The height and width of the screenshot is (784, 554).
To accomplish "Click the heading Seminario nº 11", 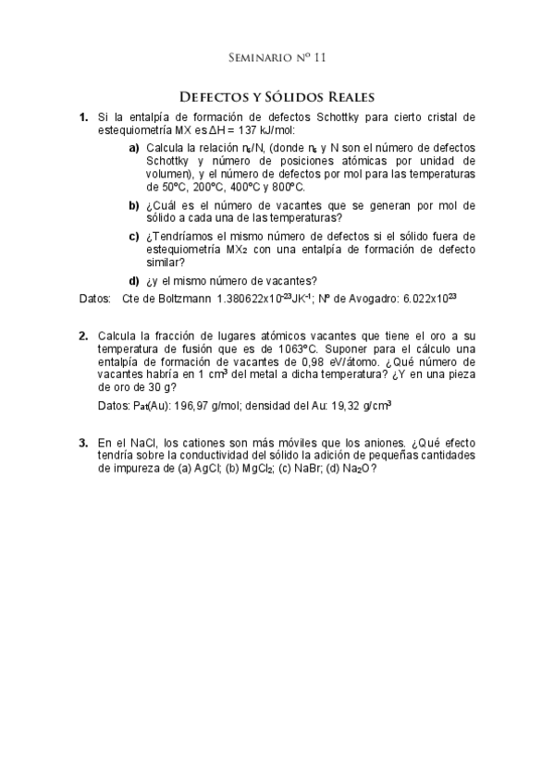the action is click(277, 57).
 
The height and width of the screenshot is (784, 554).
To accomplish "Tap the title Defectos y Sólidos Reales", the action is click(277, 96).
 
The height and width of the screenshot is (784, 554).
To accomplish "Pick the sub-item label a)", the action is click(134, 148).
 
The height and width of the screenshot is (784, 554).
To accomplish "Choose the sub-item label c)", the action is click(134, 237).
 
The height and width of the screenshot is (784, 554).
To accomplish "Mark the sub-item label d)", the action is click(134, 281).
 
